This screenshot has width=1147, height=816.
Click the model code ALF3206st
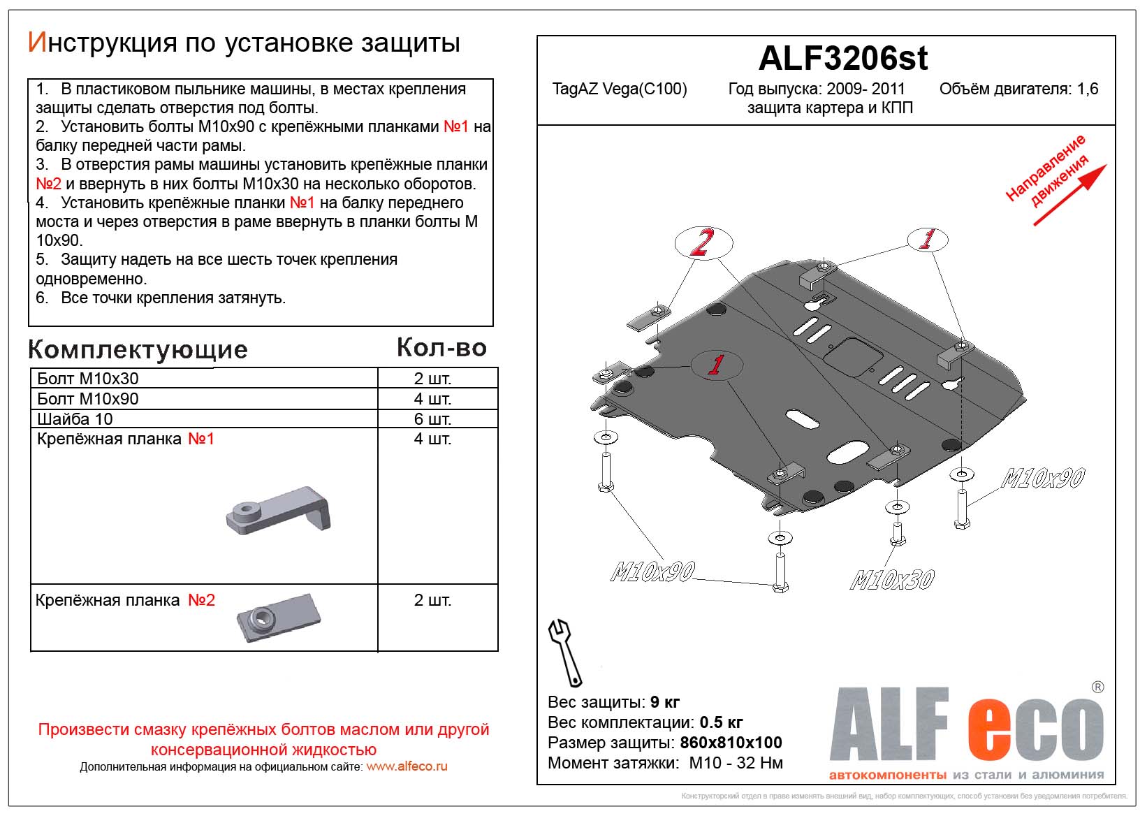842,59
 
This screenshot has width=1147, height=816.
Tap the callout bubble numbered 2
703,242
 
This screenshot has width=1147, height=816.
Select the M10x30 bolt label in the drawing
891,580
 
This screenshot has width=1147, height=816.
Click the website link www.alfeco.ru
407,766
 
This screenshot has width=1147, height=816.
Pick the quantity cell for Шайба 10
432,419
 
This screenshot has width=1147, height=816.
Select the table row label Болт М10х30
88,379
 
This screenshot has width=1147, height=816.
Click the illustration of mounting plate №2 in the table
278,617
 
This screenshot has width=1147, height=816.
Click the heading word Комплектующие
138,350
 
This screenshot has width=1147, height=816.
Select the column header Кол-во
441,348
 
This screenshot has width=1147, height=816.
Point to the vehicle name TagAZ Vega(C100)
619,89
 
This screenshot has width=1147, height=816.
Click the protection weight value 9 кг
664,702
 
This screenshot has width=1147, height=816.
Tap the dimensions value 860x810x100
731,743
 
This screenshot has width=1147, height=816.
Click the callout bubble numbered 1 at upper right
928,240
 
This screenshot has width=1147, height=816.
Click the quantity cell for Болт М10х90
432,399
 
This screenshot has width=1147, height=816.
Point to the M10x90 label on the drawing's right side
1042,479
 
